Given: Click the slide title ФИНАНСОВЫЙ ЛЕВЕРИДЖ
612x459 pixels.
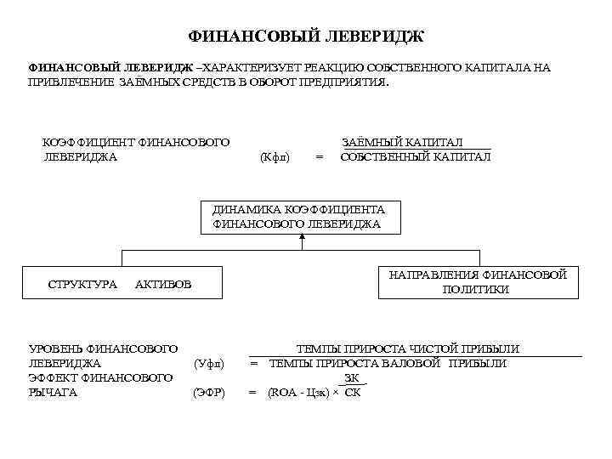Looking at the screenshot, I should pyautogui.click(x=305, y=37).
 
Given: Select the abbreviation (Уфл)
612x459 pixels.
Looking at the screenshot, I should pyautogui.click(x=208, y=364).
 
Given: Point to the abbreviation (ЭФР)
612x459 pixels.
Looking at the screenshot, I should pyautogui.click(x=208, y=393).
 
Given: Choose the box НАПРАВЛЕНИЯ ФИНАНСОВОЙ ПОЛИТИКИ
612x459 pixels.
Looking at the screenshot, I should pyautogui.click(x=477, y=281).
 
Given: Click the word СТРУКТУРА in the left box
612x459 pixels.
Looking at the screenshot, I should pyautogui.click(x=82, y=284).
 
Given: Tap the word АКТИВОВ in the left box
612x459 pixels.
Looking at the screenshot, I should pyautogui.click(x=163, y=284).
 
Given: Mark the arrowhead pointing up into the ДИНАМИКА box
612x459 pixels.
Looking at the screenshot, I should pyautogui.click(x=302, y=238).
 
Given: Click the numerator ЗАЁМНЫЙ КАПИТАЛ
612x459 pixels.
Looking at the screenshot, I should pyautogui.click(x=414, y=143).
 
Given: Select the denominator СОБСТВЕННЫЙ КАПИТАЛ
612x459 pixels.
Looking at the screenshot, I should pyautogui.click(x=415, y=157).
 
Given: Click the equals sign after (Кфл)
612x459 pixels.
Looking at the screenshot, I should pyautogui.click(x=319, y=157).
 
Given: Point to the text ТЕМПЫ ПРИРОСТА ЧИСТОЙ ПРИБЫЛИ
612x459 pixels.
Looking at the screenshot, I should pyautogui.click(x=407, y=349).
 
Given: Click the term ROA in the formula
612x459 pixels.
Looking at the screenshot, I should pyautogui.click(x=286, y=393).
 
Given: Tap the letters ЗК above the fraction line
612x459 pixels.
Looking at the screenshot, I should pyautogui.click(x=351, y=378).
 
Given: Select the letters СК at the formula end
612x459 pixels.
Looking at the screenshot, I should pyautogui.click(x=352, y=393).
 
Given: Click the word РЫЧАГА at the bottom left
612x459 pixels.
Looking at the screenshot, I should pyautogui.click(x=54, y=393).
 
